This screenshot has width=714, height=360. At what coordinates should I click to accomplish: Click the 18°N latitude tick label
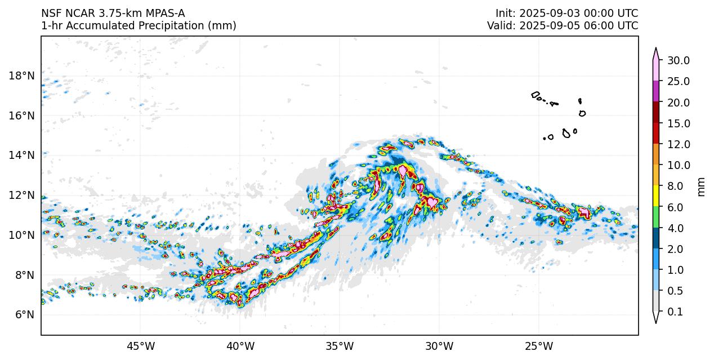tap(22, 75)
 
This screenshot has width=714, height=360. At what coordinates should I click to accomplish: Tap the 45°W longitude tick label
tap(140, 345)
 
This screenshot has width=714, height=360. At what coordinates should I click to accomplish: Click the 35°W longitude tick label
tap(340, 345)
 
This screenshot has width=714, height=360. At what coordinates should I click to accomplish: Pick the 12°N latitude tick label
tap(22, 195)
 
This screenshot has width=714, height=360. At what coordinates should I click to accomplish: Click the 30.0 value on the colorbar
tap(678, 60)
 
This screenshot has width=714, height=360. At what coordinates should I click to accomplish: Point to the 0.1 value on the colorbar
tap(678, 312)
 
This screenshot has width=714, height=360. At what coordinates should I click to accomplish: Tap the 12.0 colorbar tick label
tap(678, 144)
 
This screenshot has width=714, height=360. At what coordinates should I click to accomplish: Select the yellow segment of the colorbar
tap(656, 196)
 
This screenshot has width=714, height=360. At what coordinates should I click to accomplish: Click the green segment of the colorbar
tap(656, 217)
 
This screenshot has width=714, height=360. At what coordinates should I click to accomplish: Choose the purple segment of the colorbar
tap(656, 91)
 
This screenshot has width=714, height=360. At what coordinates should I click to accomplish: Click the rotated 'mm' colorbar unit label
tap(701, 186)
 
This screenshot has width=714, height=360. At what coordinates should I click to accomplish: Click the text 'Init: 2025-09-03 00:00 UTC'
tap(566, 14)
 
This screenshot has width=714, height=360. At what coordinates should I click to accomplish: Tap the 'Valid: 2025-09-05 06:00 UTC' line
tap(563, 26)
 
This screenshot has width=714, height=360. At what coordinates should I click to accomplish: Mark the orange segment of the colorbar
tap(656, 154)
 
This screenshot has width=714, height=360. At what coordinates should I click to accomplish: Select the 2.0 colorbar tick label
tap(675, 249)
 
